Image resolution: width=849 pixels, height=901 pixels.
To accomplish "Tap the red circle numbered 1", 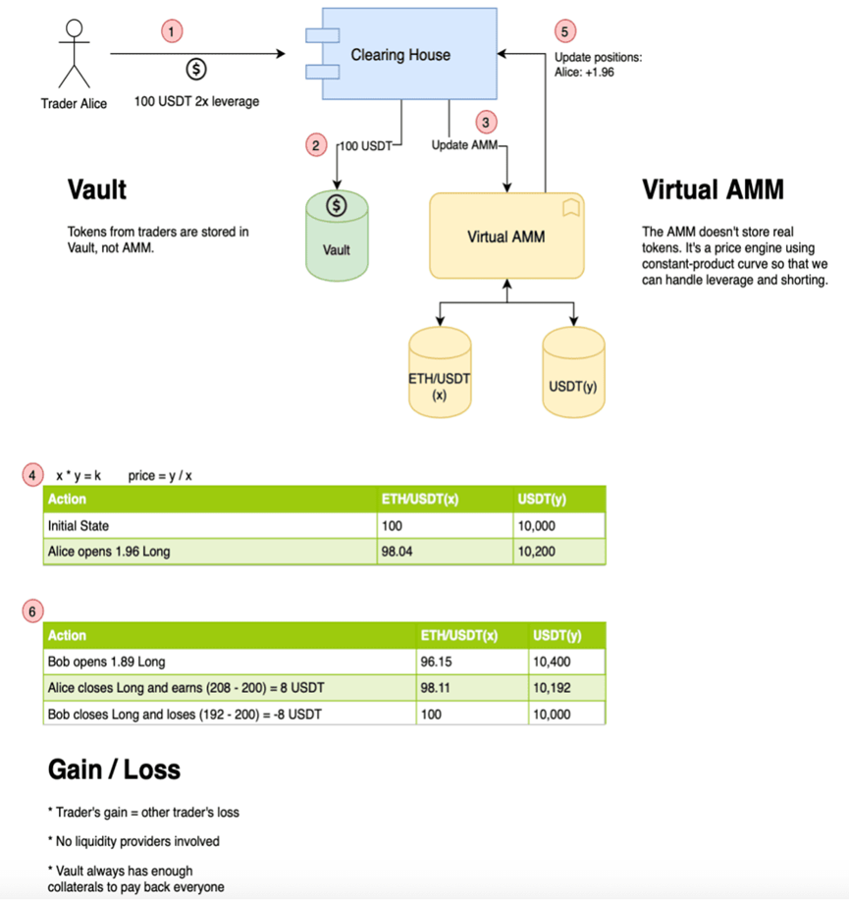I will point(173,31).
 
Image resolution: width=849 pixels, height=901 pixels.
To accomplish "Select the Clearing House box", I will point(400,55).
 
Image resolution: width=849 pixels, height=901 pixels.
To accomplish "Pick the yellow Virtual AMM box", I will point(506,236).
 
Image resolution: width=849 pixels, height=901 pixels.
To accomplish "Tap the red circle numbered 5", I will point(565,29).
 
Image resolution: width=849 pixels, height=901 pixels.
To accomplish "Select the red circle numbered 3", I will point(486,122).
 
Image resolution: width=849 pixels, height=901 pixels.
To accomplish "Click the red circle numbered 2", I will point(315,146).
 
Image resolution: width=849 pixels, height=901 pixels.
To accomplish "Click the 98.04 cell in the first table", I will point(397,552).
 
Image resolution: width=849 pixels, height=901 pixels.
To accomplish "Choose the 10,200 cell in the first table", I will point(536,552).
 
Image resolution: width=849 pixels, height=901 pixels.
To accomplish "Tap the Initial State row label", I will point(79,526).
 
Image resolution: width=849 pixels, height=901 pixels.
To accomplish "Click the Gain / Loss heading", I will point(114,768).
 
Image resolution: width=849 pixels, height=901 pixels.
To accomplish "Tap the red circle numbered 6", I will point(33,610).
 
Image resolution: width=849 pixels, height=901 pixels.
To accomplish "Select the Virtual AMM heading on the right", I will point(713,188).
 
